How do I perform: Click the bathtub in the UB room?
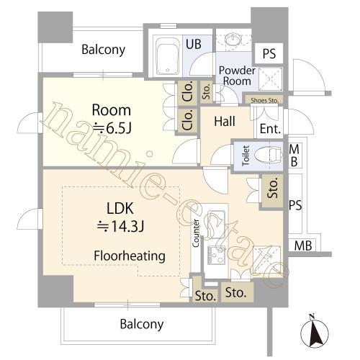(x=168, y=56)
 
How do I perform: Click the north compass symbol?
(x=315, y=332)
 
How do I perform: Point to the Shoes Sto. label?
(x=264, y=100)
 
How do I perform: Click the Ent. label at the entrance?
(x=270, y=129)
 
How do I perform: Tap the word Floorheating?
(x=130, y=256)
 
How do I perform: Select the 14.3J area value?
(x=120, y=226)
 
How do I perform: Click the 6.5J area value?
(x=112, y=129)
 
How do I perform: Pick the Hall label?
(x=225, y=121)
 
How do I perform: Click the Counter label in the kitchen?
(x=196, y=233)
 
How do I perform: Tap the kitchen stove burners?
(x=217, y=255)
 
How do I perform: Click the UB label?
(x=194, y=44)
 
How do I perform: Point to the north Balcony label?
(x=103, y=50)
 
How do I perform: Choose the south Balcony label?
(x=142, y=324)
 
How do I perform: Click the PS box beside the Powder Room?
(x=269, y=53)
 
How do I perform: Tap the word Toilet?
(x=246, y=156)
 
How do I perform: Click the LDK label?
(x=120, y=208)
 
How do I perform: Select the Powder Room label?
(x=237, y=76)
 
